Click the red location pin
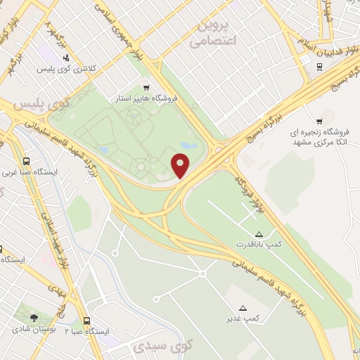pos(181,165)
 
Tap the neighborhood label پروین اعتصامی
pos(217,34)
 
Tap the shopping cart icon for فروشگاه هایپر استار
pos(146,88)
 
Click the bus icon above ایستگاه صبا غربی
pos(27,160)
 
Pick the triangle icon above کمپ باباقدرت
pos(259,233)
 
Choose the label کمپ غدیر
pos(243,319)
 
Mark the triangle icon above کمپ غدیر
pos(243,308)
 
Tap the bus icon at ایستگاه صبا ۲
pos(87,320)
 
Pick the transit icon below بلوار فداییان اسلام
pos(320,67)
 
